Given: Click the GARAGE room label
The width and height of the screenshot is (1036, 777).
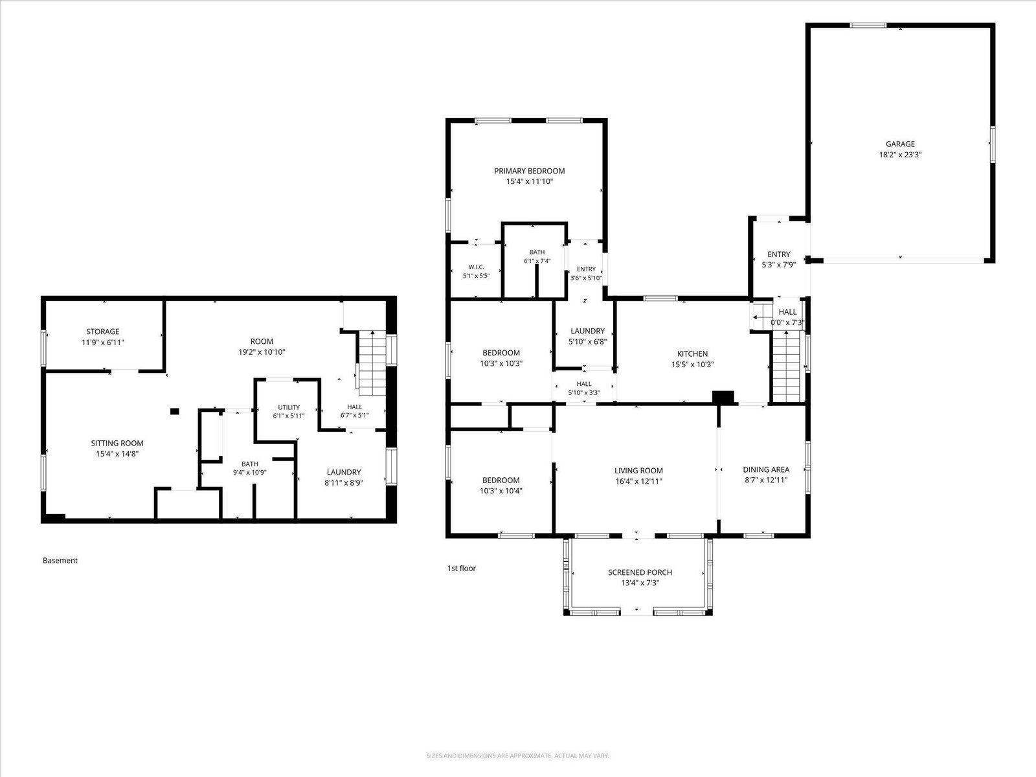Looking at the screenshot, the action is [900, 144].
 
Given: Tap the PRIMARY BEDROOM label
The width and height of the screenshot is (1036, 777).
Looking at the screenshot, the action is [529, 171].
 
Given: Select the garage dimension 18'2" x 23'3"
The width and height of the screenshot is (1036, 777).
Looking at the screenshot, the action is [900, 155].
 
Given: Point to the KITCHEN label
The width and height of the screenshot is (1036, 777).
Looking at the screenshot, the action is [692, 354].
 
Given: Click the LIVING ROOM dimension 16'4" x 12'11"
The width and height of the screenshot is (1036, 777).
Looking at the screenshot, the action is [638, 481].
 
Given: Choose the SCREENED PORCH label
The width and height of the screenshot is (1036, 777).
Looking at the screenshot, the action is [640, 572].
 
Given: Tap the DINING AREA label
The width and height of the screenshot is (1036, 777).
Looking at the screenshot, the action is [766, 469].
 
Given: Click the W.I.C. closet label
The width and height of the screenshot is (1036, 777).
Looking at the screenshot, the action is [476, 267].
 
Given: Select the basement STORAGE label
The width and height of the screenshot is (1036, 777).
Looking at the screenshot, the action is [103, 332].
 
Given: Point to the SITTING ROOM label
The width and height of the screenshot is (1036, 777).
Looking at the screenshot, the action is [117, 443].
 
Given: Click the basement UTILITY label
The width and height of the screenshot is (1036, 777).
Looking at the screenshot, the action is [289, 407].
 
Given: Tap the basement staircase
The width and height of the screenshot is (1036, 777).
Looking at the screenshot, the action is [372, 363].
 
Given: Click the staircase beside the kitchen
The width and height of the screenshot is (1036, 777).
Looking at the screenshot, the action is [786, 366].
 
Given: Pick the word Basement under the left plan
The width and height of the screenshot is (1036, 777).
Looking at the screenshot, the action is [60, 561].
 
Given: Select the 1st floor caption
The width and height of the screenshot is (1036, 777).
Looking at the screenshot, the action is [462, 568].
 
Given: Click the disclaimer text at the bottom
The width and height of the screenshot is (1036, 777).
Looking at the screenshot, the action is [518, 756].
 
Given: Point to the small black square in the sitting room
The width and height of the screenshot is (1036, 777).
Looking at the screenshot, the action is [175, 411].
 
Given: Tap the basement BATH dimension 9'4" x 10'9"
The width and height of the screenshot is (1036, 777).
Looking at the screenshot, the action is [250, 472].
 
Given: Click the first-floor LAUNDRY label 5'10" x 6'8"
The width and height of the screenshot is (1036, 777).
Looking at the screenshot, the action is [588, 336].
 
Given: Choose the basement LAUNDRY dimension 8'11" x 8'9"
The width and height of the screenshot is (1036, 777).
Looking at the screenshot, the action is [344, 482].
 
